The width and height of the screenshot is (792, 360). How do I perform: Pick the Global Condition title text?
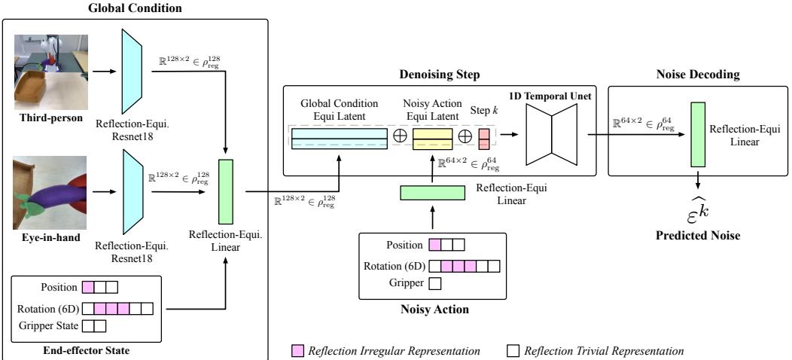pos(135,8)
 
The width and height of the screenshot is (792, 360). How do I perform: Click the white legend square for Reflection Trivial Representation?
pos(515,350)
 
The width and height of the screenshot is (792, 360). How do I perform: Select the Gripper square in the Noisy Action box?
pos(434,283)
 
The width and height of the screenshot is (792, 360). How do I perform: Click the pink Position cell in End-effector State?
pos(88,287)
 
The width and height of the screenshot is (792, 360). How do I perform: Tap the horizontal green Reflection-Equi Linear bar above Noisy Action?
pos(431,192)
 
